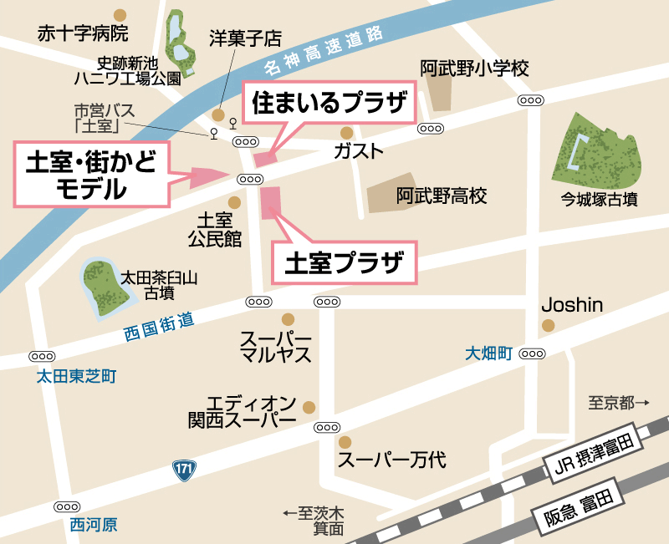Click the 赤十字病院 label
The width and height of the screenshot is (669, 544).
click(x=83, y=34)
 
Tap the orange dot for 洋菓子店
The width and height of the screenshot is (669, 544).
click(x=218, y=115)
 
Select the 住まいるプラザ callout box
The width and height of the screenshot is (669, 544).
click(x=329, y=103)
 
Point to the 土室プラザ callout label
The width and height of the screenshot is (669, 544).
click(x=345, y=264)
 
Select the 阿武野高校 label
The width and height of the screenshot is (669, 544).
click(x=442, y=196)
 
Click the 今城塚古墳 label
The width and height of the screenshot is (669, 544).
click(x=600, y=200)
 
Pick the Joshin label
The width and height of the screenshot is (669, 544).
click(x=572, y=304)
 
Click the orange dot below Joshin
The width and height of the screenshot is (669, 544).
click(x=549, y=325)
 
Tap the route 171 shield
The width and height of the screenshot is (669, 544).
click(x=185, y=470)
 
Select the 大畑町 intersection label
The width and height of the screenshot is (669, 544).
click(x=488, y=354)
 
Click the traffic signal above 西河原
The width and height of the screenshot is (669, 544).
click(x=67, y=506)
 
